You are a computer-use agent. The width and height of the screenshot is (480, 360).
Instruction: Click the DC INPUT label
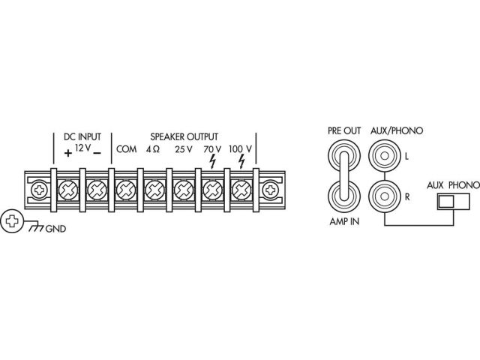pyautogui.click(x=82, y=136)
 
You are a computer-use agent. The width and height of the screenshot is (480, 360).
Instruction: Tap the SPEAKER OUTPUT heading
pyautogui.click(x=184, y=136)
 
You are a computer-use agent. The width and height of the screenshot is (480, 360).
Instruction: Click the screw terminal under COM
pyautogui.click(x=126, y=190)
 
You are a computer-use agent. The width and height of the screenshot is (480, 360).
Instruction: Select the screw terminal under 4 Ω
pyautogui.click(x=154, y=190)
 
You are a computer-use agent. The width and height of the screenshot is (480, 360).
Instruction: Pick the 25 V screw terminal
pyautogui.click(x=184, y=190)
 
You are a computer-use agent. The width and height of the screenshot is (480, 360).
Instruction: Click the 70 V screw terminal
pyautogui.click(x=212, y=190)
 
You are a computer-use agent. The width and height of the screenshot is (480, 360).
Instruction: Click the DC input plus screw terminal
pyautogui.click(x=68, y=190)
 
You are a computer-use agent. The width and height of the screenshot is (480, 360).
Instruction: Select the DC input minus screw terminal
pyautogui.click(x=97, y=190)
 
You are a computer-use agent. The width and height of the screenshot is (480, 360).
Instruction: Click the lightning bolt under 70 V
pyautogui.click(x=212, y=161)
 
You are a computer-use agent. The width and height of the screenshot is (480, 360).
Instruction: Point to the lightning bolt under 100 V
pyautogui.click(x=241, y=161)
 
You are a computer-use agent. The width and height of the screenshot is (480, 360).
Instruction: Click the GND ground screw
pyautogui.click(x=12, y=221)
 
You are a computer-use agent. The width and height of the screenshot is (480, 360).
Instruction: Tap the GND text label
pyautogui.click(x=55, y=229)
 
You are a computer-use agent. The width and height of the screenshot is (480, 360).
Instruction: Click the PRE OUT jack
pyautogui.click(x=344, y=155)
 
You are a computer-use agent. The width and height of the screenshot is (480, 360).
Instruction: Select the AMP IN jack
pyautogui.click(x=344, y=196)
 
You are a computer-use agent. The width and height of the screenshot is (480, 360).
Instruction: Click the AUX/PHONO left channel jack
pyautogui.click(x=385, y=156)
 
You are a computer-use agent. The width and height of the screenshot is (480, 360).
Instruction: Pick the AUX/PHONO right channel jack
pyautogui.click(x=385, y=196)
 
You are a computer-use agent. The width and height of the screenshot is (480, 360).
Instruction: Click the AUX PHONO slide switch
pyautogui.click(x=453, y=202)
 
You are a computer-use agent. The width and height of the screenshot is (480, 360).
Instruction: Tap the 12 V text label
pyautogui.click(x=82, y=148)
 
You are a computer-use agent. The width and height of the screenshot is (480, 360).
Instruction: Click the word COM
pyautogui.click(x=127, y=149)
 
